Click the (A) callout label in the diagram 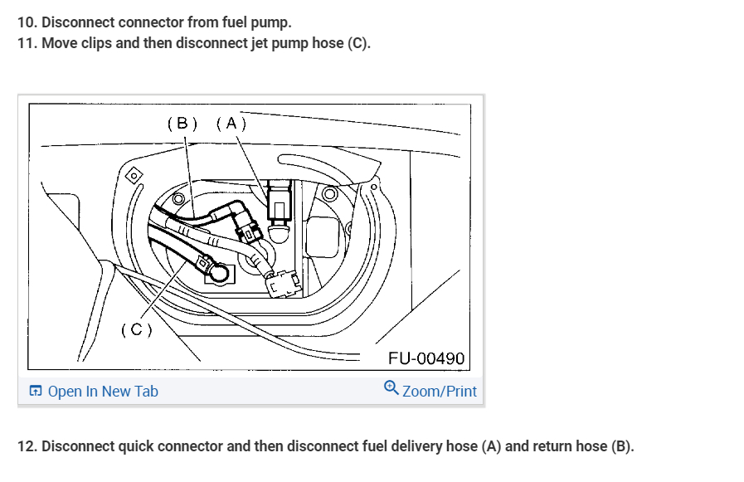tap(231, 124)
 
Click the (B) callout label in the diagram tap(182, 124)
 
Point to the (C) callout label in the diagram tap(137, 329)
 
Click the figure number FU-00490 tap(426, 359)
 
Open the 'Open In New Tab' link tap(103, 392)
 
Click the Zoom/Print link tap(440, 391)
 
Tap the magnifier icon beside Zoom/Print tap(391, 387)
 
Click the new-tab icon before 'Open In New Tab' tap(36, 392)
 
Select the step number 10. tap(27, 22)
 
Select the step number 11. tap(27, 42)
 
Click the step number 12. tap(27, 446)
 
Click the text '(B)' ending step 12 tap(621, 446)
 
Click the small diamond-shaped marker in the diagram tap(131, 176)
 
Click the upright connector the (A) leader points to tap(279, 203)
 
